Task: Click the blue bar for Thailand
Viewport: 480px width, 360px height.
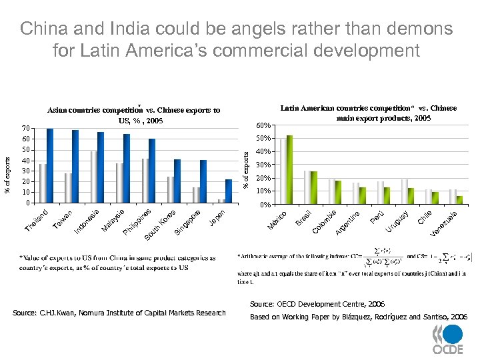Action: coord(50,165)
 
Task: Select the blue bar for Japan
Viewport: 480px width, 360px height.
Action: coord(229,191)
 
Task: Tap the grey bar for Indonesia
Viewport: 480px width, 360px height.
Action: coord(94,177)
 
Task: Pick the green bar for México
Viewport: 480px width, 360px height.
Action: coord(289,169)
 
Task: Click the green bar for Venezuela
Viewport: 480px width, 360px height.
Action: coord(459,200)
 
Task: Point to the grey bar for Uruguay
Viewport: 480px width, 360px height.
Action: coord(405,191)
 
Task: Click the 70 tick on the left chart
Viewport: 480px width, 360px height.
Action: coord(25,128)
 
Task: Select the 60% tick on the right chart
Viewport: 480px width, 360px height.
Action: coord(263,125)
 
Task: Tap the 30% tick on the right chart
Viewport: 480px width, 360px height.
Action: coord(263,165)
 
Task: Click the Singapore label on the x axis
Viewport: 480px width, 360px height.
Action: coord(189,222)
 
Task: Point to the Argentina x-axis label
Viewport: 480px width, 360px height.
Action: coord(348,222)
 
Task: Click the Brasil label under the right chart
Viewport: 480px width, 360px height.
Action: coord(304,217)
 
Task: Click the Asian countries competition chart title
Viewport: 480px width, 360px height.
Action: coord(133,115)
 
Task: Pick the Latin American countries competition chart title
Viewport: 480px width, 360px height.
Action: coord(368,113)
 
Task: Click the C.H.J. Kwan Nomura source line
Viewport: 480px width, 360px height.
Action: coord(119,313)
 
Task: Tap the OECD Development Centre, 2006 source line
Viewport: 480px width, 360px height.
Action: coord(317,303)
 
